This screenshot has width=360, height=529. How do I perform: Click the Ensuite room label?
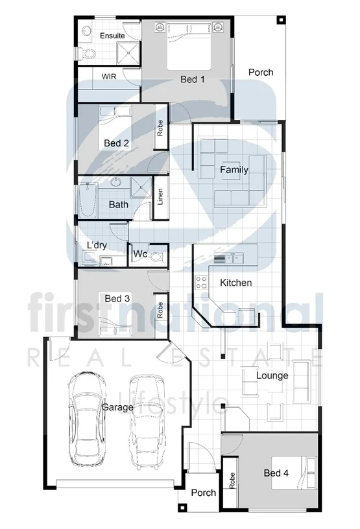tap(112, 36)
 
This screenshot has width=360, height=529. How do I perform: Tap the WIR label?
tap(108, 75)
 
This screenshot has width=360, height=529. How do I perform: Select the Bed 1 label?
tap(192, 80)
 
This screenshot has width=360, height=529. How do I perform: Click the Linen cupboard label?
tap(160, 196)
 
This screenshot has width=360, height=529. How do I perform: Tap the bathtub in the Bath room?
tap(88, 200)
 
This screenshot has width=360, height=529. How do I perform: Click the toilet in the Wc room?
tap(154, 255)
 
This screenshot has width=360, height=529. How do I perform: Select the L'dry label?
tap(97, 245)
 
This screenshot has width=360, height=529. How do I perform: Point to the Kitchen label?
tap(235, 283)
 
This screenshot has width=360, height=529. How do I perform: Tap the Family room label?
tap(234, 170)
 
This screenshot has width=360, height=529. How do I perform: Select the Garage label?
tap(117, 407)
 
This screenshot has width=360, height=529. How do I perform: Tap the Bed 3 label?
tap(117, 298)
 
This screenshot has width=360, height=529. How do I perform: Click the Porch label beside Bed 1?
tap(261, 72)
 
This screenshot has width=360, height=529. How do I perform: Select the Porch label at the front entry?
tap(203, 493)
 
